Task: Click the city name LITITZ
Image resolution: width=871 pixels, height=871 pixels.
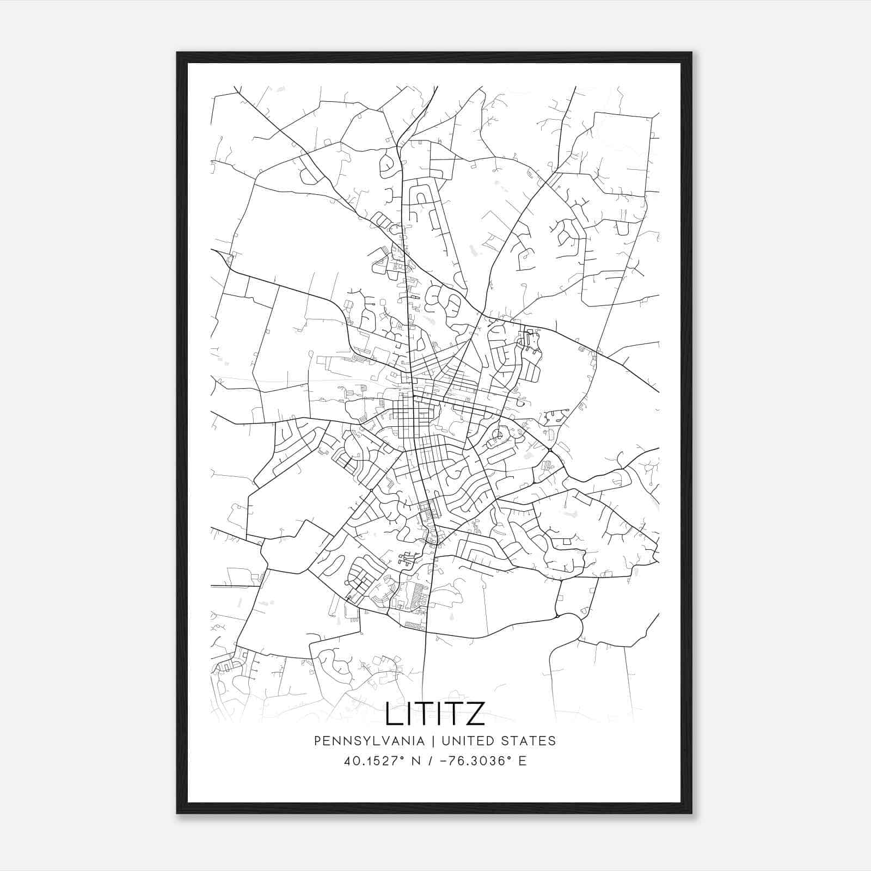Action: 435,714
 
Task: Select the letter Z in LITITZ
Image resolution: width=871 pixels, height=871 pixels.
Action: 475,714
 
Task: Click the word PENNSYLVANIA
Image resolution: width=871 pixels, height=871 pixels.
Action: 369,740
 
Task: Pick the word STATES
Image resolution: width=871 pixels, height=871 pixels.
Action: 528,740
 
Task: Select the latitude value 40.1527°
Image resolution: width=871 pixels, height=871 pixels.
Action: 372,760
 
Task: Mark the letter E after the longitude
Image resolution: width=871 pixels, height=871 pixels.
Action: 523,760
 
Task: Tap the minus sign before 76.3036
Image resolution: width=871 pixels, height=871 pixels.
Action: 445,760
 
